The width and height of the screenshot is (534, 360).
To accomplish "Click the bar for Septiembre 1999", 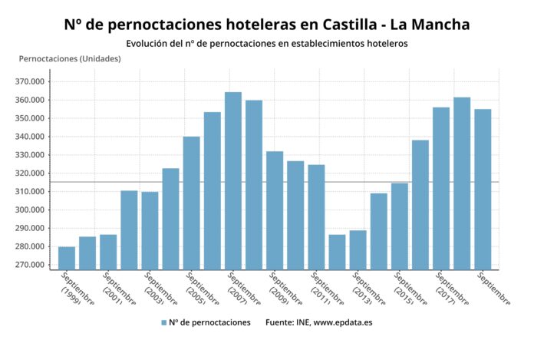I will click(x=67, y=258).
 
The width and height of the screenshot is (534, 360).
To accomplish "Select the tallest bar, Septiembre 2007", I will click(x=233, y=181).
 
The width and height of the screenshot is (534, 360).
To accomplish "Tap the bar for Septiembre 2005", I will click(x=192, y=203).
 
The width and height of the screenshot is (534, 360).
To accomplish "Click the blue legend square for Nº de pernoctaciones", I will click(x=164, y=322).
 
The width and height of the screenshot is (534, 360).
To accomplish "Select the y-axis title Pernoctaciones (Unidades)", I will click(x=70, y=59).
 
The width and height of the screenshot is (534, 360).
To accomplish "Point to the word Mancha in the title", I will click(x=437, y=25).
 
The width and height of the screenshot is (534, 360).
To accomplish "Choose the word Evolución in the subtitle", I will click(x=148, y=44).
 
